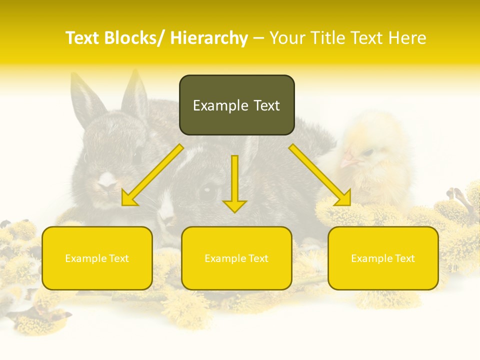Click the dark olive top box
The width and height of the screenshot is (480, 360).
coord(236,105)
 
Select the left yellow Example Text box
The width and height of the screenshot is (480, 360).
coord(97,258)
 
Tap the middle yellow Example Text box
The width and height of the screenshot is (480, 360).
coord(236,258)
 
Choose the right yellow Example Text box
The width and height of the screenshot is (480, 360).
coord(383,258)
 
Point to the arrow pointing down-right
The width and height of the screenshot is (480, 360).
coord(320,175)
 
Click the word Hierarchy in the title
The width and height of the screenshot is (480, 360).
coord(209,38)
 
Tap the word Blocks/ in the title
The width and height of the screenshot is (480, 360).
coord(135,38)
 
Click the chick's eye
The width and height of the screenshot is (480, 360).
coord(367,151)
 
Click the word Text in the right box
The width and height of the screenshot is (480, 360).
coord(404,258)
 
